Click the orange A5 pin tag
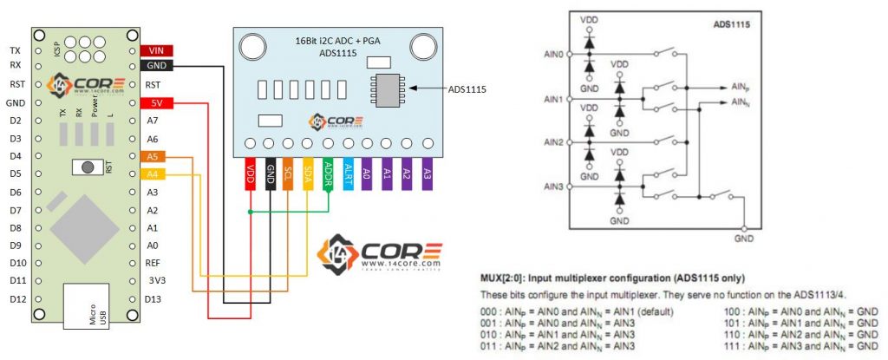[153, 157]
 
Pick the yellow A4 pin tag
[153, 174]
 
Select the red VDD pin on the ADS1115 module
[251, 173]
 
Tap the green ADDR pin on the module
[328, 173]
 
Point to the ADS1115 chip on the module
[383, 90]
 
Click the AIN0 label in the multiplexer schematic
[552, 55]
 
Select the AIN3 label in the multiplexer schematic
[552, 187]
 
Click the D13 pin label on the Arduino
[153, 299]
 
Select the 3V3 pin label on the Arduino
[155, 281]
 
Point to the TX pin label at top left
[15, 50]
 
